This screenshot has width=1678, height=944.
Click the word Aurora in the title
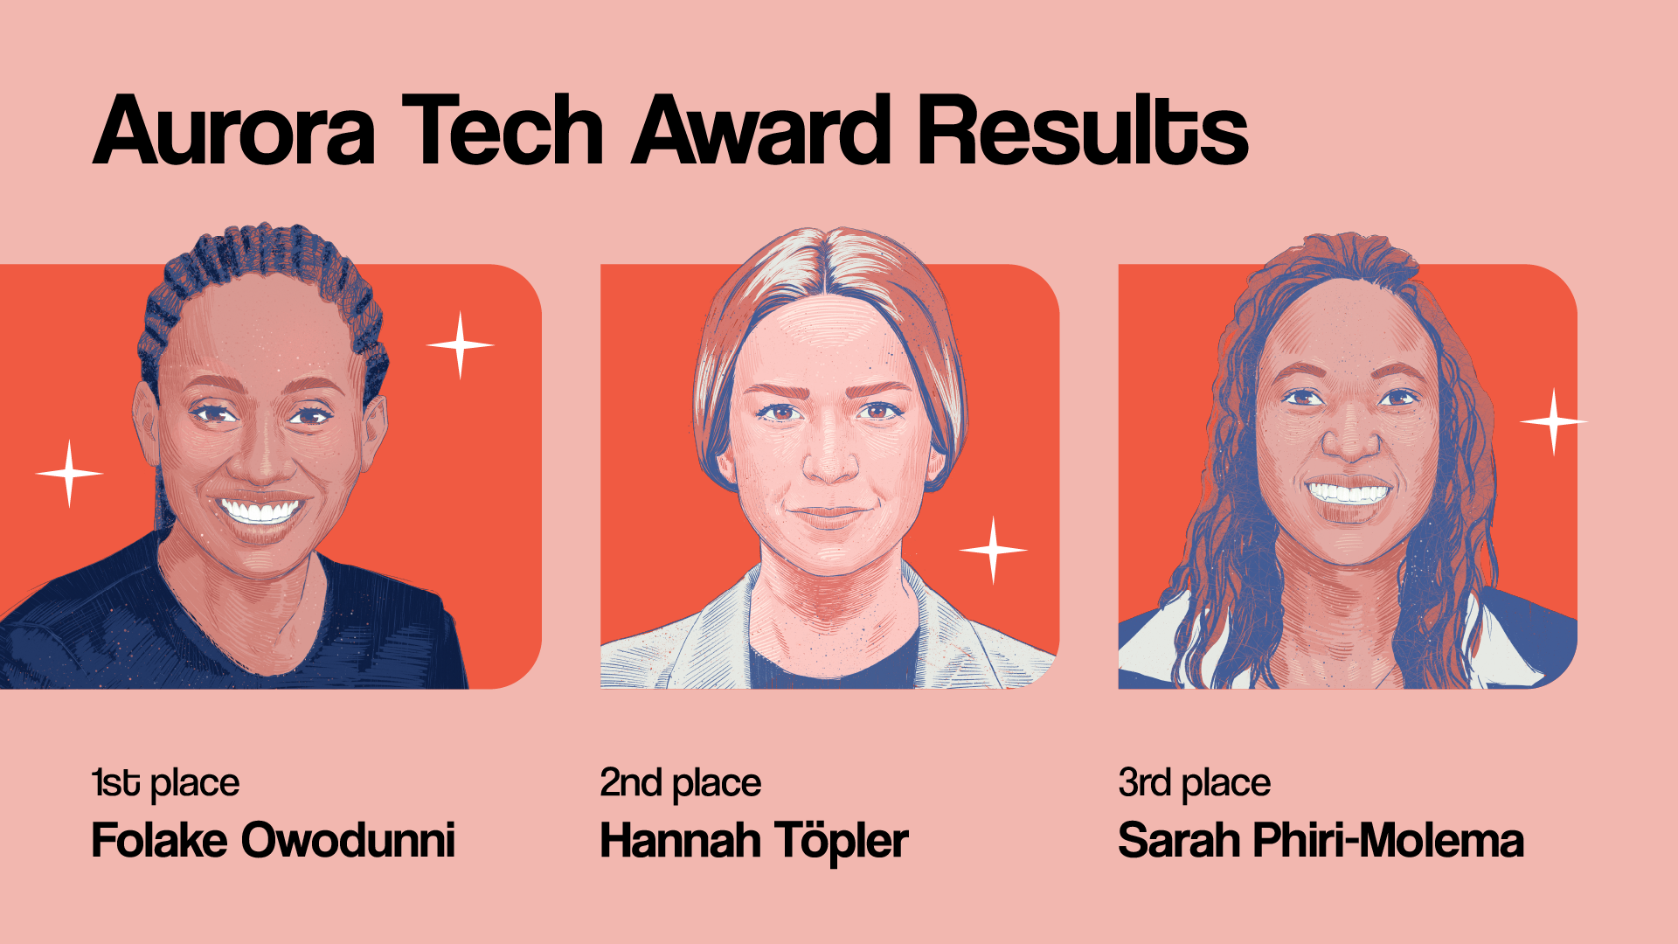click(x=234, y=131)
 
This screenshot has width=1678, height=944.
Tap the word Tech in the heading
click(x=503, y=131)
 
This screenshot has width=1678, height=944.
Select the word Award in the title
click(x=761, y=131)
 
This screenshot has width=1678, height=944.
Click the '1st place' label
click(x=165, y=783)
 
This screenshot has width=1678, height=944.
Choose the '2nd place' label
click(x=680, y=783)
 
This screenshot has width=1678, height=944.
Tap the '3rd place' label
click(x=1194, y=783)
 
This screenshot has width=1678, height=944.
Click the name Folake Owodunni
click(x=274, y=841)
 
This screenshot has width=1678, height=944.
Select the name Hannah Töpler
click(x=754, y=841)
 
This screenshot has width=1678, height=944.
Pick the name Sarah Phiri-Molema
click(x=1321, y=841)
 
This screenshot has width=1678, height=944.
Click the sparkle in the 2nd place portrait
click(x=993, y=550)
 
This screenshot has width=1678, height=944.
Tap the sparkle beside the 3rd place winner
click(x=1553, y=422)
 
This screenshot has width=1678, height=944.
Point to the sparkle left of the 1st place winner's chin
click(x=69, y=474)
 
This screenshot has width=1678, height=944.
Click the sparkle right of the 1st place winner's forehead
click(x=460, y=345)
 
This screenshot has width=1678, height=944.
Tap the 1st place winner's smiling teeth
click(x=260, y=510)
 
